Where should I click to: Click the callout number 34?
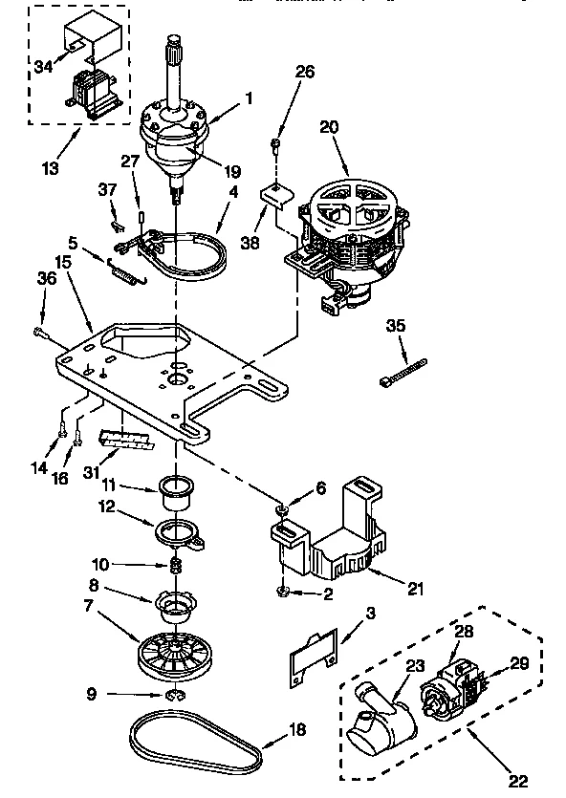(43, 66)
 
